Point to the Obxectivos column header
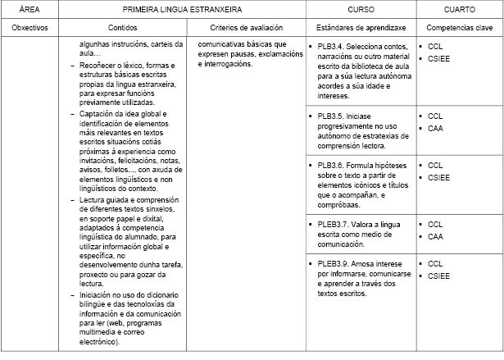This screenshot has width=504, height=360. pyautogui.click(x=27, y=27)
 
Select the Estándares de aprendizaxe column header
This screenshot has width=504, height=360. pyautogui.click(x=360, y=27)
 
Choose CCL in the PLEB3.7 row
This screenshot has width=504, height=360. pyautogui.click(x=435, y=224)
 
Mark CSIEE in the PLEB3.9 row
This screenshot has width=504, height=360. pyautogui.click(x=439, y=276)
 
